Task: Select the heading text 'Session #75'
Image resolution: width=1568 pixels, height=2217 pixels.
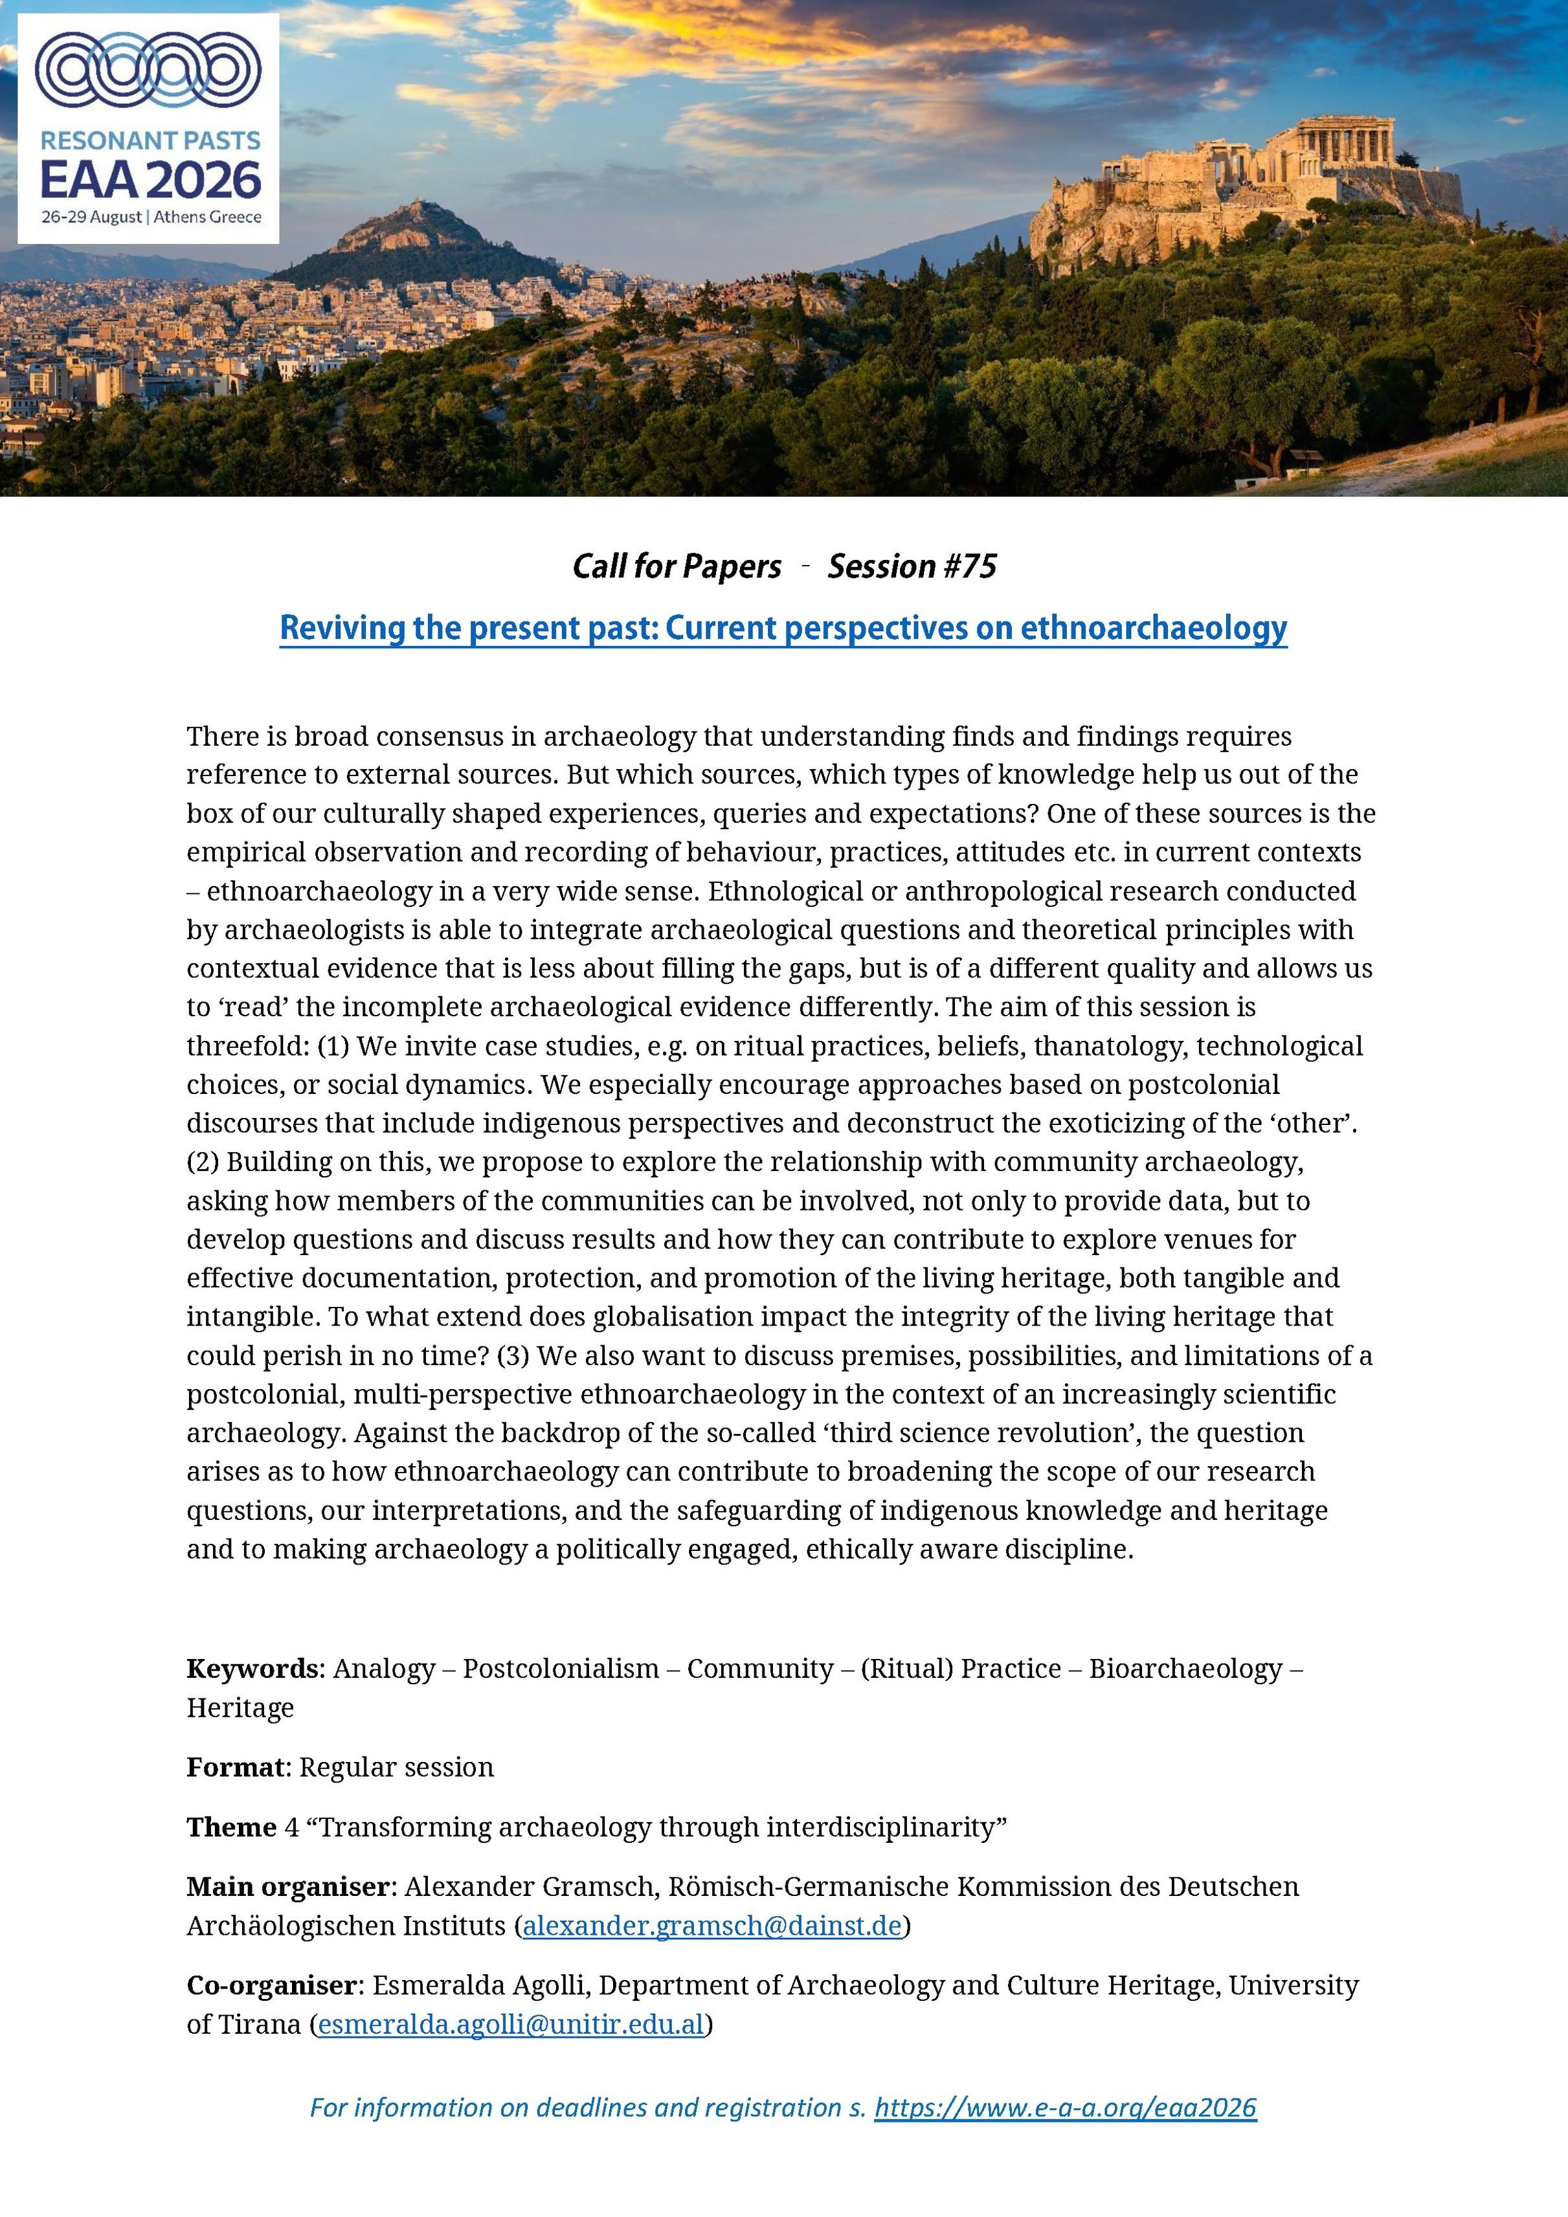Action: click(x=912, y=566)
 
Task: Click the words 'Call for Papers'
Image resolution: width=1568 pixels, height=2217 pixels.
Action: click(x=676, y=566)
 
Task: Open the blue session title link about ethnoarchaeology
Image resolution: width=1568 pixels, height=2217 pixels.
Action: click(x=783, y=629)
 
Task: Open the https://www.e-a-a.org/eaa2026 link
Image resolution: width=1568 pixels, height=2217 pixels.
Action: click(x=1065, y=2107)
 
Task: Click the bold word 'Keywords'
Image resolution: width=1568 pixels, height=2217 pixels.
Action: click(x=252, y=1669)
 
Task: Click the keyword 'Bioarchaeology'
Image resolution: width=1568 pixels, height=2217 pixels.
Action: click(x=1185, y=1669)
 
